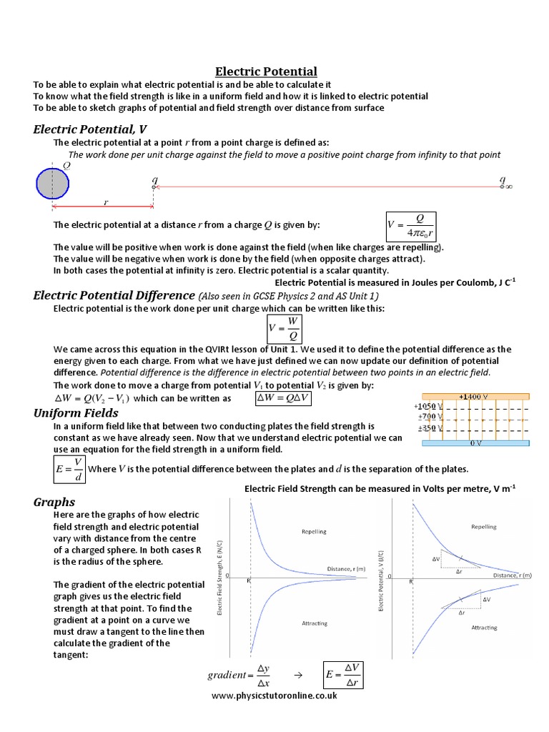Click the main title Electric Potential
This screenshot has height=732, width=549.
267,71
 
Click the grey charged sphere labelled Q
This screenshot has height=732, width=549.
52,183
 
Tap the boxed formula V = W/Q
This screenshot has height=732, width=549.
282,328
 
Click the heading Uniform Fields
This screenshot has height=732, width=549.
76,413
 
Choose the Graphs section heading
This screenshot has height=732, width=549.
54,502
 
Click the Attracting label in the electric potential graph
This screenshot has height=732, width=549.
484,627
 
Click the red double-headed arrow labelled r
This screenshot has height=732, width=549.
104,207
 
